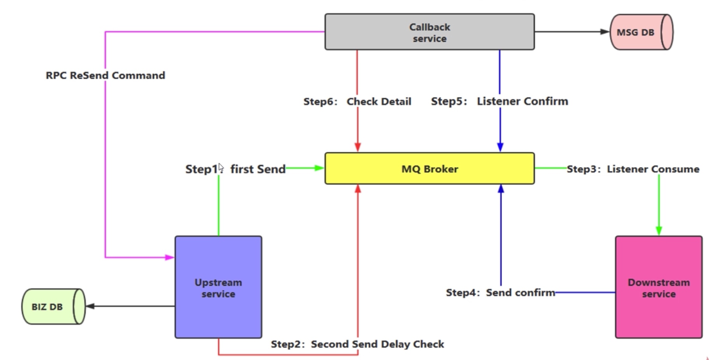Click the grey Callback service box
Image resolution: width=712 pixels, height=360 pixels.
click(x=429, y=32)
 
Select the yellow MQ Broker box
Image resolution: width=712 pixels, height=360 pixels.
click(x=429, y=168)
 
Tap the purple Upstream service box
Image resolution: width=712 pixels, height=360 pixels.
click(x=218, y=287)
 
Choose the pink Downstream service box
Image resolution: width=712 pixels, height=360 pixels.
click(x=659, y=287)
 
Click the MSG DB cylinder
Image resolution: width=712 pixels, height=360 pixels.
click(x=641, y=32)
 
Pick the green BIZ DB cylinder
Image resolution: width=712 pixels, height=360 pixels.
click(x=53, y=307)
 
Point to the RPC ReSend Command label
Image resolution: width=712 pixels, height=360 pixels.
click(x=106, y=76)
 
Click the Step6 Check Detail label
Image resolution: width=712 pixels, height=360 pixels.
click(x=357, y=102)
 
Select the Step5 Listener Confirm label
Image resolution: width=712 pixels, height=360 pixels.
click(x=500, y=102)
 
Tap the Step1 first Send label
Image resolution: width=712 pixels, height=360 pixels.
click(x=235, y=169)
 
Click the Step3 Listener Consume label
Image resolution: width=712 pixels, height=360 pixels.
click(x=633, y=169)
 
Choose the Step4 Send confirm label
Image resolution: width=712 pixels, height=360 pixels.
click(x=500, y=292)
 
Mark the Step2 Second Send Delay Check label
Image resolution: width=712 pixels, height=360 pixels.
click(x=357, y=344)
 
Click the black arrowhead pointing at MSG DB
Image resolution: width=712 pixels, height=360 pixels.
click(x=605, y=32)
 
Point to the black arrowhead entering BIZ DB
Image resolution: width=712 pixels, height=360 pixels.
click(x=90, y=306)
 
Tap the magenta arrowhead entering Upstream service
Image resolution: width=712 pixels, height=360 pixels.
click(x=170, y=257)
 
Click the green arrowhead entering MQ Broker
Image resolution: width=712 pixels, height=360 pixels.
click(x=319, y=168)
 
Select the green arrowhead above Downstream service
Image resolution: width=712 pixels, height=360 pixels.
click(x=659, y=231)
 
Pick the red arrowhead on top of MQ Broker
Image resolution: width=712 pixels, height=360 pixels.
click(x=358, y=147)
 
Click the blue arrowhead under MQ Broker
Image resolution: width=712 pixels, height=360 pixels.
click(x=501, y=189)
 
